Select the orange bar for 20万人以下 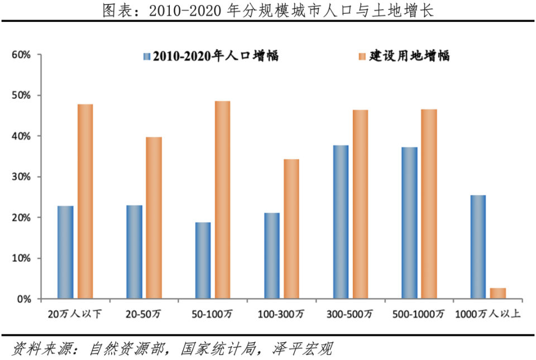(x=85, y=201)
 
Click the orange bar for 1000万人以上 (x=498, y=294)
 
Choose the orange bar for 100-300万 (x=291, y=229)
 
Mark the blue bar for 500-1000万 (x=409, y=223)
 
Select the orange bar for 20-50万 (x=154, y=218)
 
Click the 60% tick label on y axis (x=20, y=55)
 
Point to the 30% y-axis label (x=20, y=177)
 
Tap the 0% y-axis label (x=22, y=299)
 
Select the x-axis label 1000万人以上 (x=488, y=315)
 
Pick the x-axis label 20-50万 (x=144, y=315)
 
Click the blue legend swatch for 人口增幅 (x=147, y=56)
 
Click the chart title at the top (x=268, y=11)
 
